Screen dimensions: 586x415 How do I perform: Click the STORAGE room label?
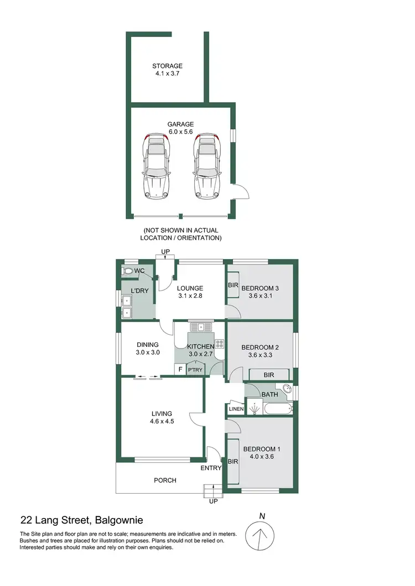[167, 66]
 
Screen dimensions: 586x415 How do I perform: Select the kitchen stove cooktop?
[219, 344]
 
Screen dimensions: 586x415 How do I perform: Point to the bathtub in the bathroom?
[278, 410]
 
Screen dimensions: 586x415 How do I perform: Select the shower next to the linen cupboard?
[254, 409]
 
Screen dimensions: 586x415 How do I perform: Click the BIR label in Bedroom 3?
[232, 286]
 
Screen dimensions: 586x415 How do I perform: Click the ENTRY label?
[211, 468]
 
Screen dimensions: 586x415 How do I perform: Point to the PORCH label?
[165, 480]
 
